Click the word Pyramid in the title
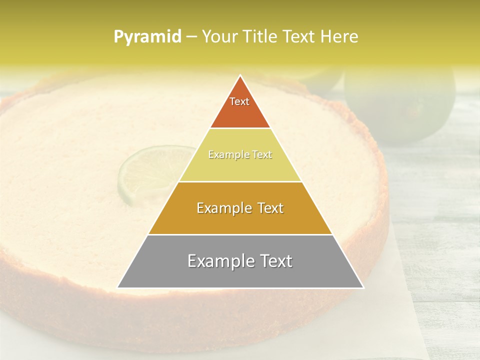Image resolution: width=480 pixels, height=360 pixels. click(x=147, y=36)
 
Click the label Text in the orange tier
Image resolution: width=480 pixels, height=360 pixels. click(x=239, y=101)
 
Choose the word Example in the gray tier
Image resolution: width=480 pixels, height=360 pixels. click(x=220, y=261)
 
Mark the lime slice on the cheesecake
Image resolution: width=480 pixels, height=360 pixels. click(x=150, y=172)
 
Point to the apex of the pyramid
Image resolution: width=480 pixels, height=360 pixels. click(x=240, y=76)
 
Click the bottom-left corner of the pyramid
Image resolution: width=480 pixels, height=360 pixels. click(x=118, y=287)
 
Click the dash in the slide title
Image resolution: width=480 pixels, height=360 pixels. click(x=191, y=36)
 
